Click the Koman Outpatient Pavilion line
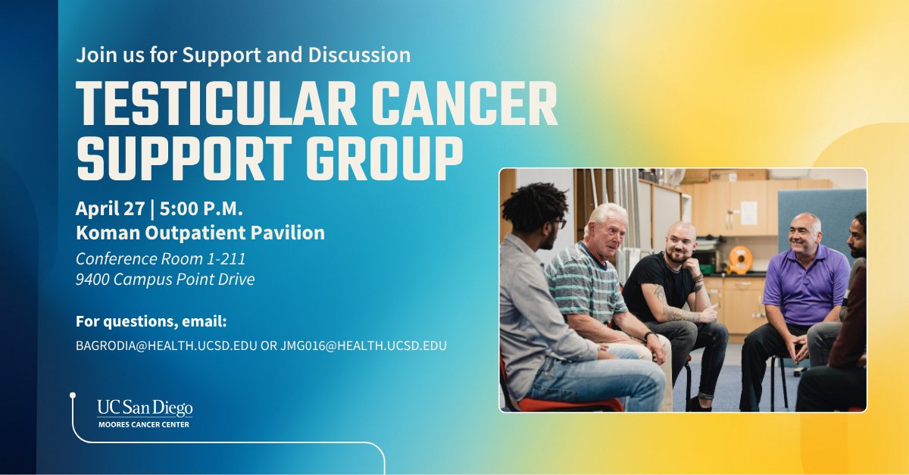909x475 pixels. point(200,233)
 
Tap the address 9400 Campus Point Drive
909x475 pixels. point(165,279)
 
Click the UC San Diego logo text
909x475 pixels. point(144,408)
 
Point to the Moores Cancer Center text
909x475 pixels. point(144,424)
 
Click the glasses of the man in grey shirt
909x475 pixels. point(559,223)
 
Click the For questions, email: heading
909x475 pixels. point(151,321)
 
